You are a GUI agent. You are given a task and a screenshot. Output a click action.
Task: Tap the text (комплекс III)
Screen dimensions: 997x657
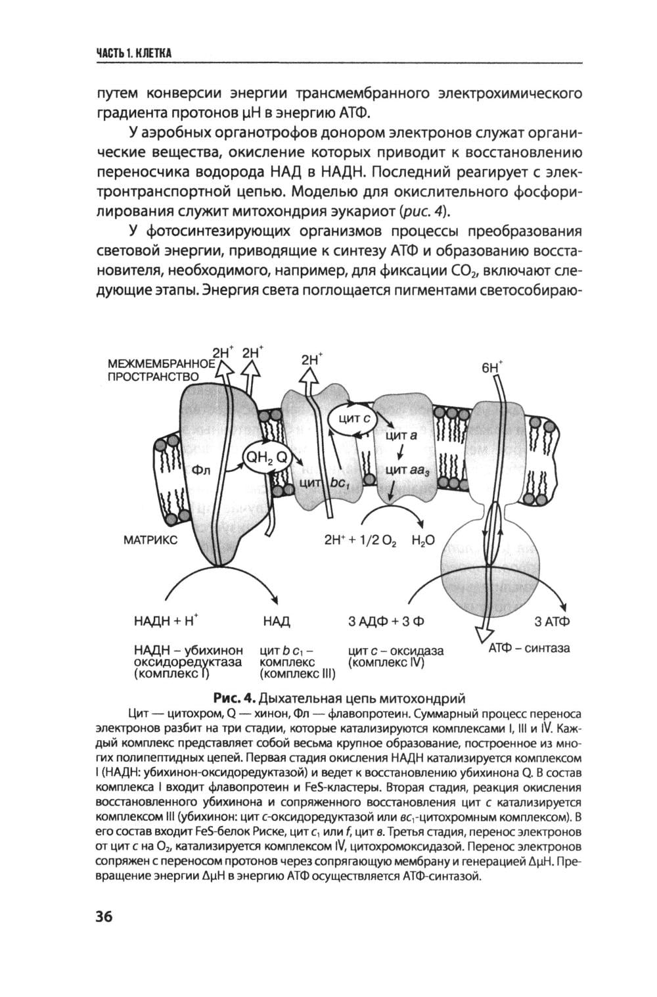297,674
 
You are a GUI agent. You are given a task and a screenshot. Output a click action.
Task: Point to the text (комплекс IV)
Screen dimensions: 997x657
386,662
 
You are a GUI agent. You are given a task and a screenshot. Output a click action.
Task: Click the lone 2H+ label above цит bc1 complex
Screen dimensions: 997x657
312,360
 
